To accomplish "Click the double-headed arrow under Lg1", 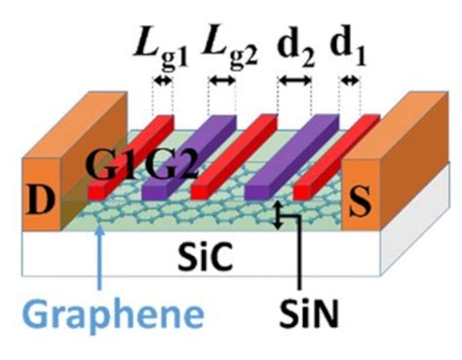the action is pos(162,83).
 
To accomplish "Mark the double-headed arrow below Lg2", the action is pos(224,83).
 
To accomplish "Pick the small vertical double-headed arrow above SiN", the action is pos(281,216).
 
